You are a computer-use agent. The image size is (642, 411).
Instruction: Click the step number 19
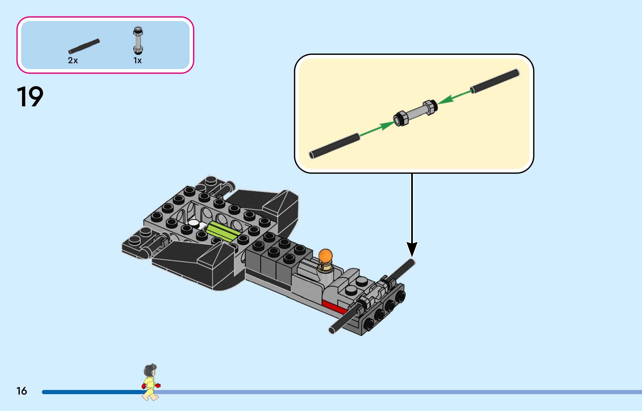tap(30, 97)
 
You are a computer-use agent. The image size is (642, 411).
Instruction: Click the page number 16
tap(22, 391)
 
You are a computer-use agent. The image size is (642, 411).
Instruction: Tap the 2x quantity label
tap(73, 60)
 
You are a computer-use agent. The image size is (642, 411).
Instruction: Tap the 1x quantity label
tap(137, 60)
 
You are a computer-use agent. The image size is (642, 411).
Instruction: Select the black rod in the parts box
tap(84, 46)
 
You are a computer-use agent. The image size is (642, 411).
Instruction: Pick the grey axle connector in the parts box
tap(138, 41)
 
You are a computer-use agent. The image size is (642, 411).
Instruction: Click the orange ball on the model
tap(325, 256)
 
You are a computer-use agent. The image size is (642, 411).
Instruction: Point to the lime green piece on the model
tap(223, 232)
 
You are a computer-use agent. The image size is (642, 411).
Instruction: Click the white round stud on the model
tap(193, 223)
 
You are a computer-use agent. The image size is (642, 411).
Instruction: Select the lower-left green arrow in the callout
tap(376, 129)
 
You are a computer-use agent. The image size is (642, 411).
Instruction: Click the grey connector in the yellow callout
tap(415, 113)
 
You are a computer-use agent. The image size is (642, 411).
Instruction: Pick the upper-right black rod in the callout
tap(495, 81)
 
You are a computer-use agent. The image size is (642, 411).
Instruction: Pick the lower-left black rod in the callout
tap(335, 146)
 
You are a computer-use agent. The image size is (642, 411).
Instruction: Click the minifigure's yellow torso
tap(150, 383)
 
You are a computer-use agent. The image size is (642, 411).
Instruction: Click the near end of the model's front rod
tap(332, 330)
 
